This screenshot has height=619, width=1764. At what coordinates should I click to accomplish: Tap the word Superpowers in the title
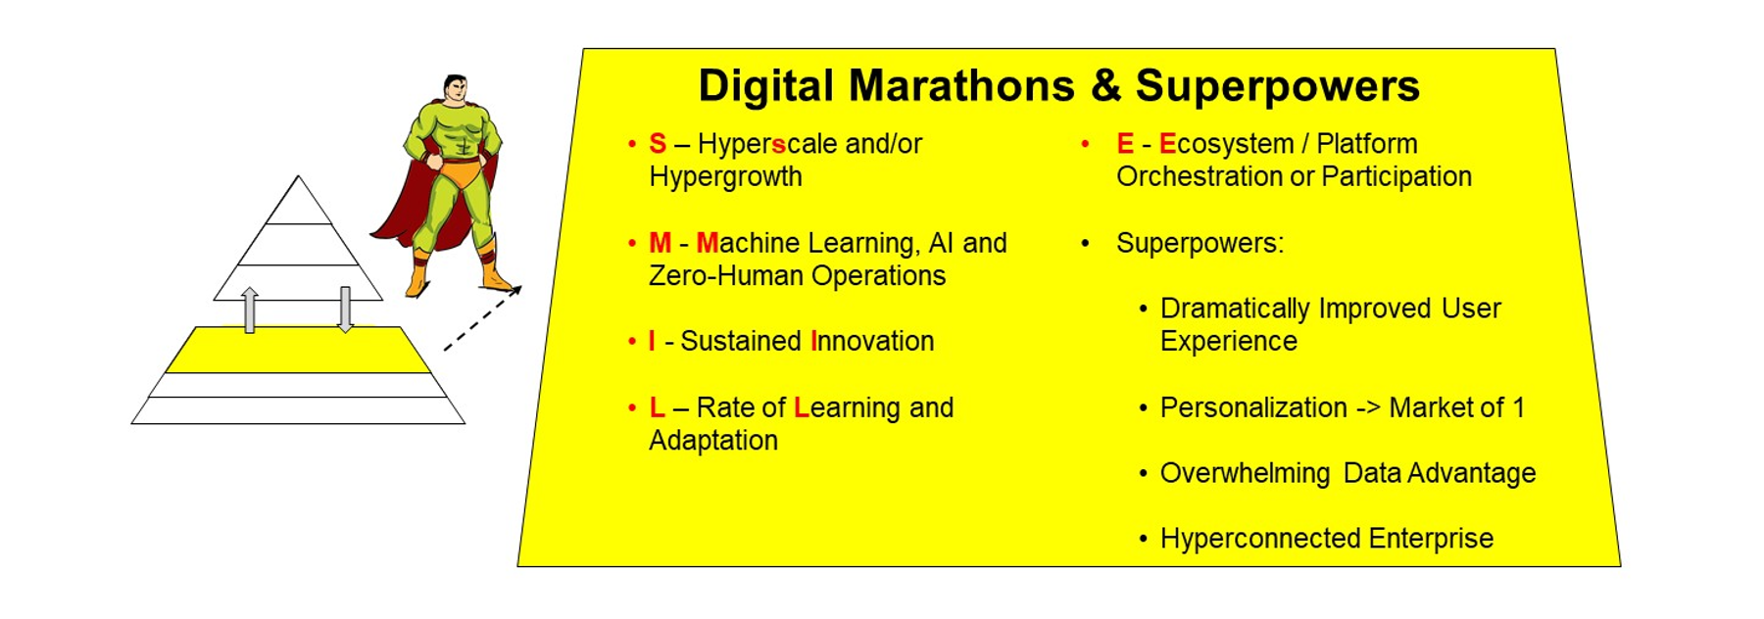click(1278, 87)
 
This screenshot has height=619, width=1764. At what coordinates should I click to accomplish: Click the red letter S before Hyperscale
click(658, 144)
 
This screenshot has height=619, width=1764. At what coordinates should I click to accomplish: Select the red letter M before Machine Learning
click(661, 243)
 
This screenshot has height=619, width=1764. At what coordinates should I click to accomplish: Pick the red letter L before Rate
click(657, 407)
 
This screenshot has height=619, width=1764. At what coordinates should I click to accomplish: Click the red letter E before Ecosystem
click(1125, 144)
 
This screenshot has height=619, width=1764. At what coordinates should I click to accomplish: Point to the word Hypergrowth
click(725, 177)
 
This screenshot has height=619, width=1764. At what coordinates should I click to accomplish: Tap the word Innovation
click(872, 341)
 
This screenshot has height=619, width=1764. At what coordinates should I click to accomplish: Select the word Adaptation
click(713, 441)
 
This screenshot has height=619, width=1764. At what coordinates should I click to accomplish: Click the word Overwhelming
click(1245, 474)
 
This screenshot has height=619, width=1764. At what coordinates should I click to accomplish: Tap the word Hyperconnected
click(1260, 540)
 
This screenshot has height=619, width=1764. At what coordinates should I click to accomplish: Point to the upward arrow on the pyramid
click(250, 309)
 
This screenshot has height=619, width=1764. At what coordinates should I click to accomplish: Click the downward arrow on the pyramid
click(345, 309)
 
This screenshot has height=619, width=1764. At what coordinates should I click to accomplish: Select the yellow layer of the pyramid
click(298, 350)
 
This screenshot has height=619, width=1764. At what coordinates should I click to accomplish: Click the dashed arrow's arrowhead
click(515, 291)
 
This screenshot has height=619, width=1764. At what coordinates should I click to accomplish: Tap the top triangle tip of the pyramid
click(299, 176)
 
